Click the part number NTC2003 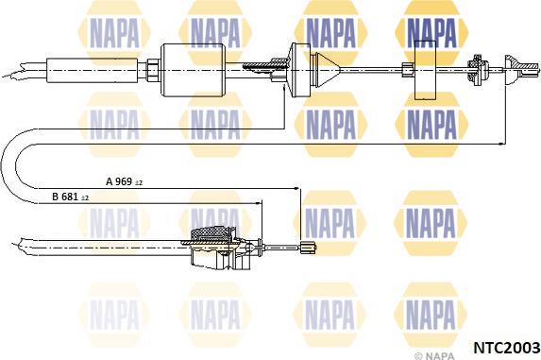coord(507,347)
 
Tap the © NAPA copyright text coord(434,355)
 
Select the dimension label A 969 coord(119,181)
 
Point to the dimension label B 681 coord(65,197)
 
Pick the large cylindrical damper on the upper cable coord(194,70)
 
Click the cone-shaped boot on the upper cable coord(328,71)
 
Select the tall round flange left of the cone coord(300,70)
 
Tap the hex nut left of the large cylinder coord(153,70)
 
